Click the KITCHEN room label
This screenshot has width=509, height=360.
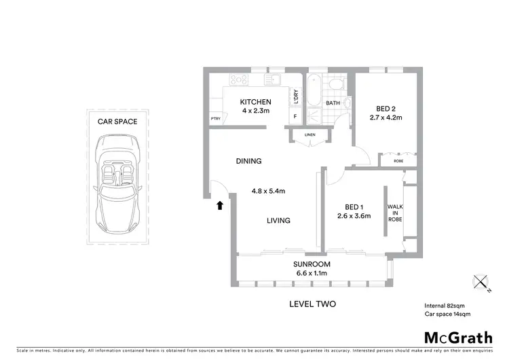coord(256,103)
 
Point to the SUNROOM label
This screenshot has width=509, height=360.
coord(312,264)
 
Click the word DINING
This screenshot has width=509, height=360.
coord(248,161)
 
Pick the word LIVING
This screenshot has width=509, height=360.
coord(278,220)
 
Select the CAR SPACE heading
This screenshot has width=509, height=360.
coord(118,122)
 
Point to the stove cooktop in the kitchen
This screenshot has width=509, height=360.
coord(240,80)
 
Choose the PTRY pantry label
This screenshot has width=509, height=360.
coord(216,120)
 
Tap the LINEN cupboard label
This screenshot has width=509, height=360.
coord(309,135)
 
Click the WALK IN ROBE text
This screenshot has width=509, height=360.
coord(394,213)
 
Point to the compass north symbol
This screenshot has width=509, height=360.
coord(480,281)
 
